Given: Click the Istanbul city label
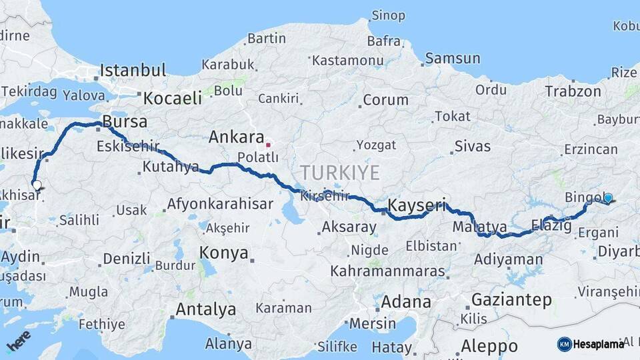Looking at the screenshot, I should pos(133,70).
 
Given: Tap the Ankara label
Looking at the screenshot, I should pos(236,137).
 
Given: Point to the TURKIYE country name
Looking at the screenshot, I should pos(339,173).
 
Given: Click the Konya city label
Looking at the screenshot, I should pos(224,253).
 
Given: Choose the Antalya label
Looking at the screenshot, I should pos(205,309).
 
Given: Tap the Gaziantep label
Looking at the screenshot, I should pos(511,299).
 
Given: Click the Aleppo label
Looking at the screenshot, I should pos(489,346).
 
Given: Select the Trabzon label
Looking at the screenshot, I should pos(573,91).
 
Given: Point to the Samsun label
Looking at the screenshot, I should pos(452,58).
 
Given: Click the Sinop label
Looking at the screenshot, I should pos(388,15).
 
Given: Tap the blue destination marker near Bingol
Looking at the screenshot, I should pos(608,198).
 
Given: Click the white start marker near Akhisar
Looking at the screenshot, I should pos(37,186).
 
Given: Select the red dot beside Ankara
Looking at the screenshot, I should pos(268,143).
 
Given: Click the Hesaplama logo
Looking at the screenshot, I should pos(591,344).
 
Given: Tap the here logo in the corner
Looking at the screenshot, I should pos(18,341).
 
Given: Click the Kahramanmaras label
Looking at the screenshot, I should pos(387,271).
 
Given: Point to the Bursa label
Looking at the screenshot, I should pos(125,123).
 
